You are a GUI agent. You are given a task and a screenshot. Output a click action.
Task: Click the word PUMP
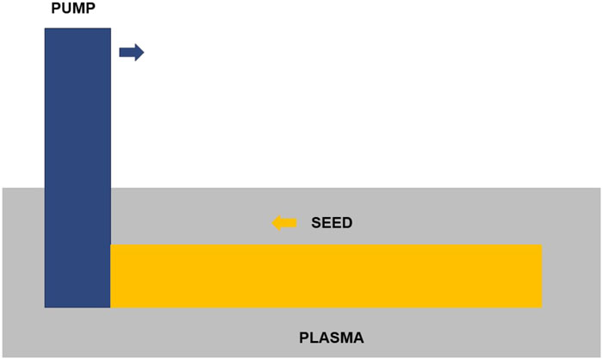(x=73, y=8)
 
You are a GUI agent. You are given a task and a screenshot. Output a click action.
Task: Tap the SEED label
(x=332, y=223)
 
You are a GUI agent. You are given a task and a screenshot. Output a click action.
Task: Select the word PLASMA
(x=332, y=338)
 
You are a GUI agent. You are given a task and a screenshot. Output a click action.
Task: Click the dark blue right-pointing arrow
(x=132, y=53)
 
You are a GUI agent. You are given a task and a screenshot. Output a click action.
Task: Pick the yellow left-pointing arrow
(x=284, y=223)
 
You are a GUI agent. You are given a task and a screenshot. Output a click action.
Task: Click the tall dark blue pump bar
(x=78, y=168)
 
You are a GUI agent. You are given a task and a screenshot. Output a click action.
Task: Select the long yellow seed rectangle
(x=326, y=276)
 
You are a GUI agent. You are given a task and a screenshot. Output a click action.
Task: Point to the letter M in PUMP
(x=79, y=8)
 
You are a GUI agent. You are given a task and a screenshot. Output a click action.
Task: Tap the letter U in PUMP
(x=66, y=8)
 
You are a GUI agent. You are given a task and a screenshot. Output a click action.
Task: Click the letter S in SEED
(x=316, y=223)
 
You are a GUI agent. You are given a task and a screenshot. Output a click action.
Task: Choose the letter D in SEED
(x=347, y=223)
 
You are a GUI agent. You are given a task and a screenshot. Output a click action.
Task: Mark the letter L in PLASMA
(x=314, y=338)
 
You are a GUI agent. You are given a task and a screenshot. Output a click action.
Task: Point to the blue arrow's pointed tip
(x=144, y=53)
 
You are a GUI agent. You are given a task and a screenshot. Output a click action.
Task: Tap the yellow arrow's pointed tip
(x=272, y=223)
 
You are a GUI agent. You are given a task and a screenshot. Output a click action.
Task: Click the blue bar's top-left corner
(x=45, y=28)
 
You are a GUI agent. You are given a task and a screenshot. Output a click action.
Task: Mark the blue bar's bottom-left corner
(x=45, y=307)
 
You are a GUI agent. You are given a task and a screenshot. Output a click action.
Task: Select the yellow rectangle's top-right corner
(x=542, y=245)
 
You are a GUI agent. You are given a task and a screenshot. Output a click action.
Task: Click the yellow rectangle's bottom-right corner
(x=542, y=307)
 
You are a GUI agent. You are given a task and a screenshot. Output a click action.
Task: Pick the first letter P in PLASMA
(x=304, y=338)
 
